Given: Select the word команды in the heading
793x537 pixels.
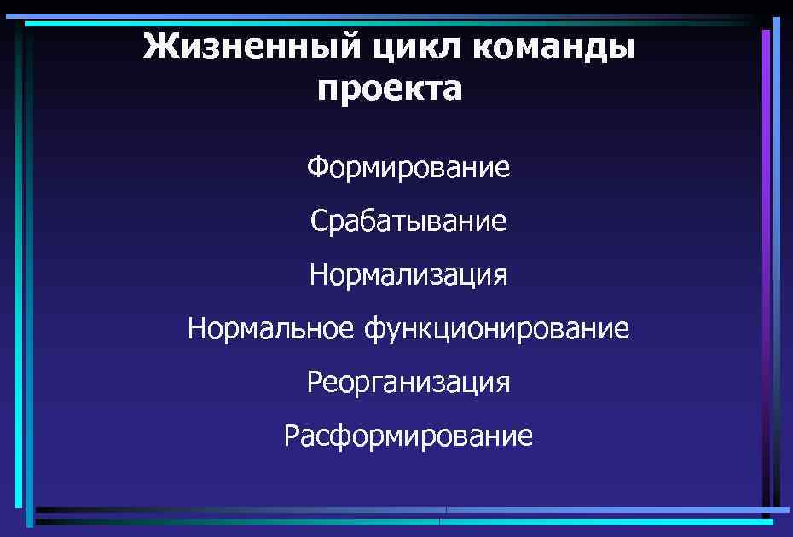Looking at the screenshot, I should click(558, 46).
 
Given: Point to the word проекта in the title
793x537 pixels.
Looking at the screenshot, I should click(390, 88).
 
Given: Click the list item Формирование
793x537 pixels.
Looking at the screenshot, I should click(408, 167).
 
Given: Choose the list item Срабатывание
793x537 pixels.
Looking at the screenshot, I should click(408, 222).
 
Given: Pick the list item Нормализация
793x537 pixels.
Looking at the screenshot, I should click(408, 275).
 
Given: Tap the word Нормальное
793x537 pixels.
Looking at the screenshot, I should click(272, 328).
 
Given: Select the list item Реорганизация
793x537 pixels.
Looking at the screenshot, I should click(408, 383).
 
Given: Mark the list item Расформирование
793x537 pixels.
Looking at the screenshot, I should click(408, 436).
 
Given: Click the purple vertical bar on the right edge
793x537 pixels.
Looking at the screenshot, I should click(766, 256).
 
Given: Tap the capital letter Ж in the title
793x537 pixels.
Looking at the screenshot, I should click(158, 46).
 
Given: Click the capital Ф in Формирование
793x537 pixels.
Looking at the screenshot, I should click(317, 167).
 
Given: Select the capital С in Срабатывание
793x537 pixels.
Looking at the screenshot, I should click(318, 222).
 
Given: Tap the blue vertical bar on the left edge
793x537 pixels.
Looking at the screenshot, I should click(30, 273).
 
